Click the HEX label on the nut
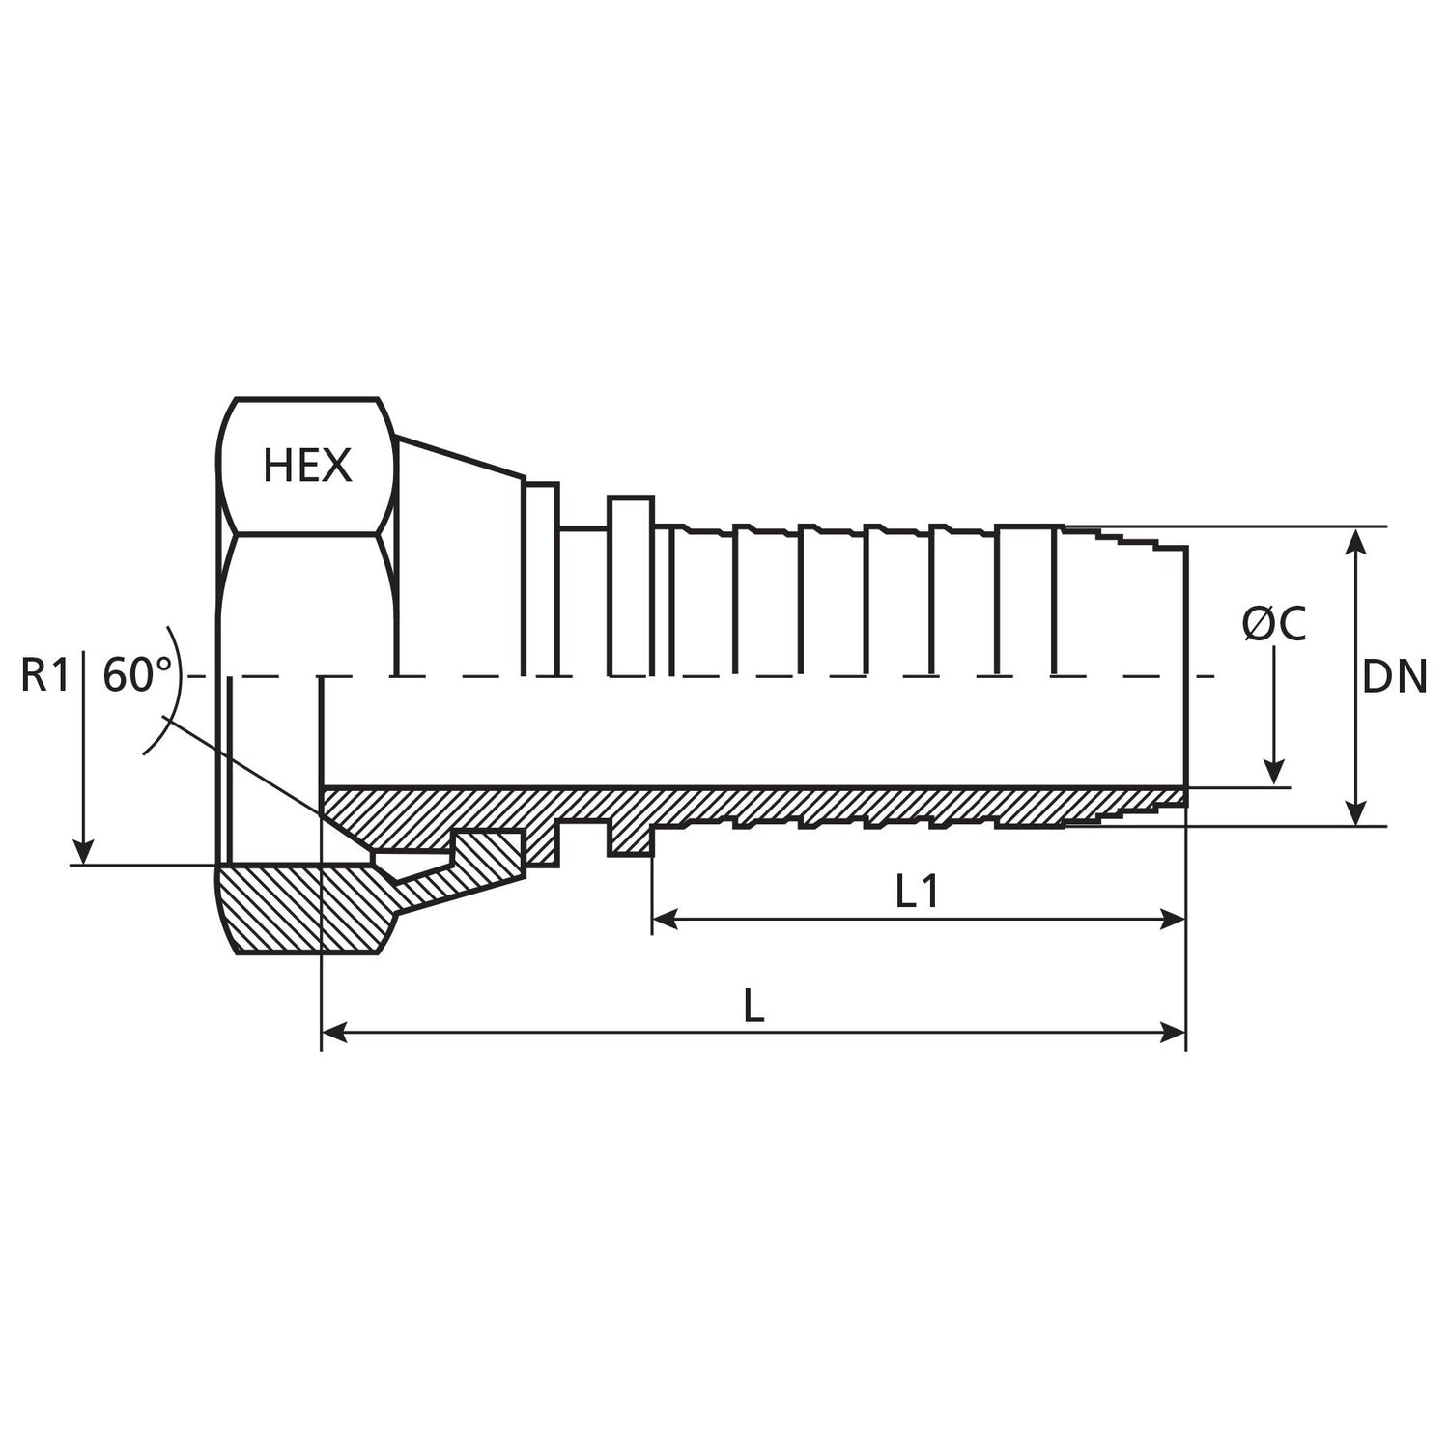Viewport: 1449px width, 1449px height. (307, 466)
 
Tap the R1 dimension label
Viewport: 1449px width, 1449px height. (45, 675)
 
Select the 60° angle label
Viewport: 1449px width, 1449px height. (136, 675)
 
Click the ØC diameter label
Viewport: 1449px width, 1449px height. (1274, 624)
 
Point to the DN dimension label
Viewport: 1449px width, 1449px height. (1394, 677)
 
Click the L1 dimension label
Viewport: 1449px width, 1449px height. (917, 892)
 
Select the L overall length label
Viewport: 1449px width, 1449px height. (754, 1008)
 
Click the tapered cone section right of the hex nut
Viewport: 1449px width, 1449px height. (459, 560)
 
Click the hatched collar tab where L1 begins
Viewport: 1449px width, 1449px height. (631, 838)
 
